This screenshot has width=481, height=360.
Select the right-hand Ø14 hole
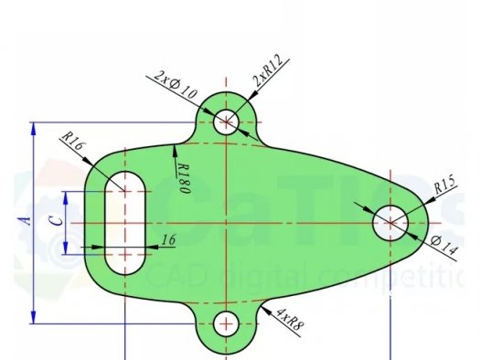[390, 222]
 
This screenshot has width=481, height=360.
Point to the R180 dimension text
[183, 175]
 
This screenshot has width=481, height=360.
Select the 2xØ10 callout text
[174, 84]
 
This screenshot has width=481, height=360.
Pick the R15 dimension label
[444, 185]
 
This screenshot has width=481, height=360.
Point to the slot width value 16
[167, 239]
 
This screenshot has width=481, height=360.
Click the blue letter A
[27, 220]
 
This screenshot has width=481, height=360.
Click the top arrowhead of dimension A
[34, 127]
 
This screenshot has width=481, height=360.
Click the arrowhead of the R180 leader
[174, 147]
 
